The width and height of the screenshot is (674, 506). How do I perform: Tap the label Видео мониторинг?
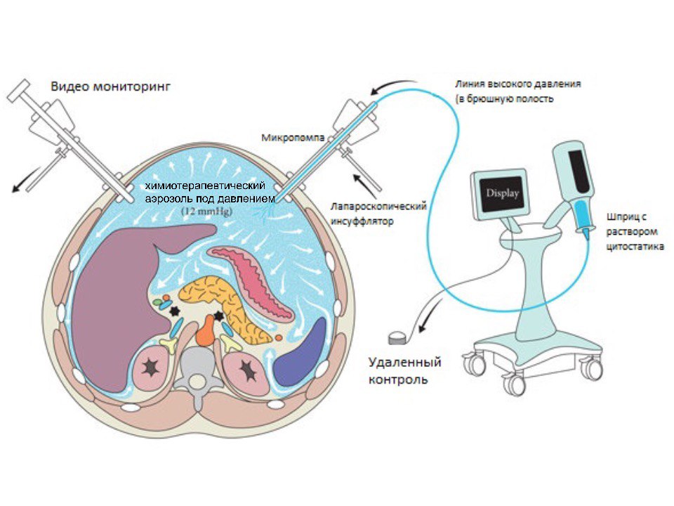coord(111,87)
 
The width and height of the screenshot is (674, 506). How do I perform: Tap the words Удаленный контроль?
coord(405,371)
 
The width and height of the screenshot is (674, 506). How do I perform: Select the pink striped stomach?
coord(256,278)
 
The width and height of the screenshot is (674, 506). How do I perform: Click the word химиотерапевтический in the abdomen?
coord(204,186)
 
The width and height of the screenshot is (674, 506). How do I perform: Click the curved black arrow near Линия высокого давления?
coord(388,87)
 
